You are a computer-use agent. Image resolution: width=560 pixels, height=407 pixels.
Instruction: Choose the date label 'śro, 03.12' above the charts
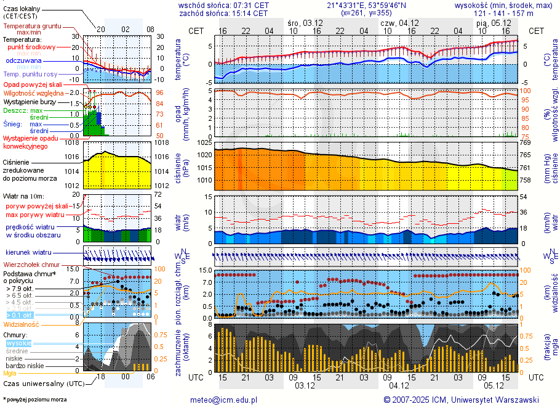click(302, 23)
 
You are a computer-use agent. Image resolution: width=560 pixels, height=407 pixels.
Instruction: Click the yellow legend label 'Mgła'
click(10, 373)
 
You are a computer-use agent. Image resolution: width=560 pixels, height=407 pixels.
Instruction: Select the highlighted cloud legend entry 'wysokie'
click(18, 343)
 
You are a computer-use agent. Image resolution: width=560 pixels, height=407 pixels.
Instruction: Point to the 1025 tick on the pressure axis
click(204, 143)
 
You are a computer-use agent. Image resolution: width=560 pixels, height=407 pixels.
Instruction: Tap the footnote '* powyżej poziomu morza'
click(34, 400)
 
